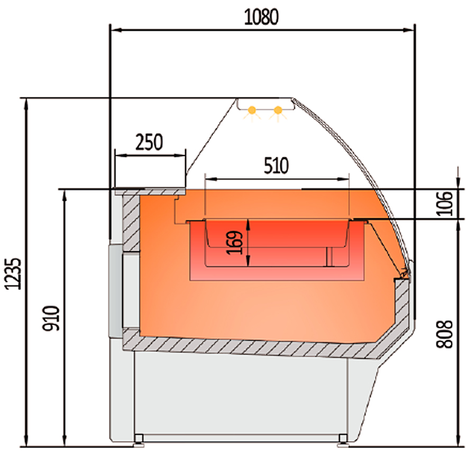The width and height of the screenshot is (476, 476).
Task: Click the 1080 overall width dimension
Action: coord(261,17)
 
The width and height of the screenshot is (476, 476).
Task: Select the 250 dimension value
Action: coord(149,142)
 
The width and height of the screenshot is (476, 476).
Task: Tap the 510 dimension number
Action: coord(276,166)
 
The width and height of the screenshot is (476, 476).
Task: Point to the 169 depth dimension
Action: coord(235,243)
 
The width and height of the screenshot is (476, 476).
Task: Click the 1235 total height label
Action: coord(14,274)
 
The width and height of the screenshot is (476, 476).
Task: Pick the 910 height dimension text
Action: coord(51,318)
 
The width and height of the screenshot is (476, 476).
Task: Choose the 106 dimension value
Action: coord(444,203)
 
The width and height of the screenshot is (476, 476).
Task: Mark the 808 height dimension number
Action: coord(444,334)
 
